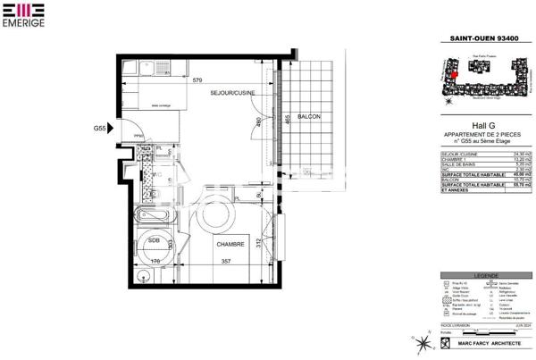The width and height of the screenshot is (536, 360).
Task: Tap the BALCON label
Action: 309,117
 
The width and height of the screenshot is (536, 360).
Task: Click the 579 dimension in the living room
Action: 198,80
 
